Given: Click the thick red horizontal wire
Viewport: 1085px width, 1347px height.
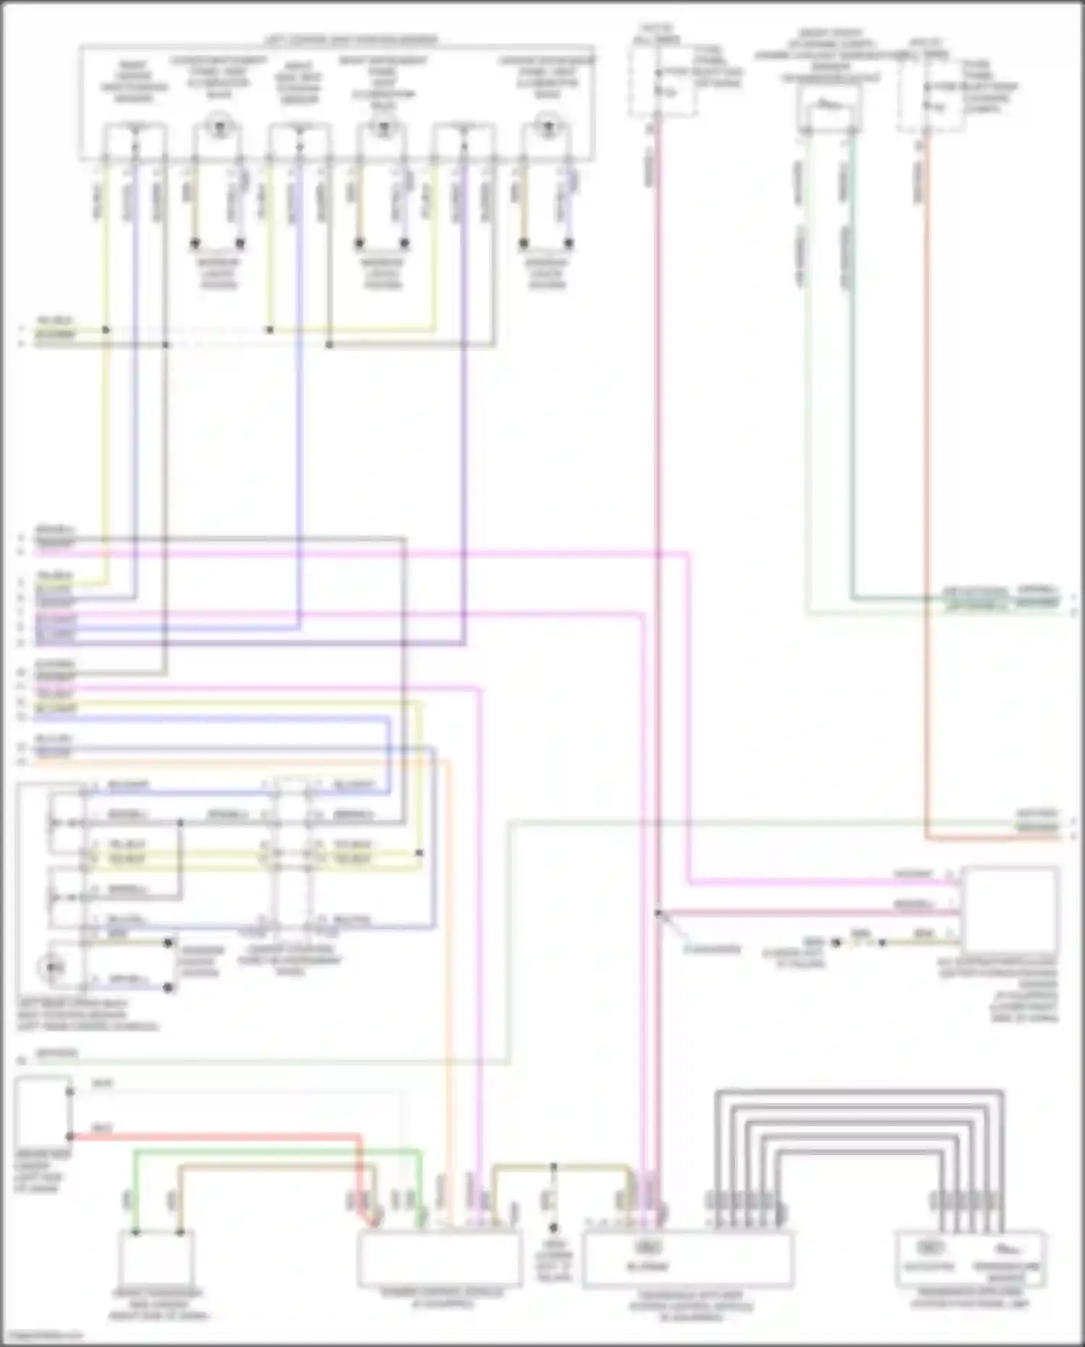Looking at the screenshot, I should pos(217,1137).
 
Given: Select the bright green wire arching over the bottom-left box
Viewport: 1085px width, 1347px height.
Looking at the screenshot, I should pos(275,1152).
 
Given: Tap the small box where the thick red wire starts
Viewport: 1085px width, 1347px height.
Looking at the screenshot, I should pos(43,1107).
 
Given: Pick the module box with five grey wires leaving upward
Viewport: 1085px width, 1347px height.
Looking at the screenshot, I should pos(687,1260).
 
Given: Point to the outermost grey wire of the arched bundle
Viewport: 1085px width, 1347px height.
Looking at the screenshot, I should pos(861,1091).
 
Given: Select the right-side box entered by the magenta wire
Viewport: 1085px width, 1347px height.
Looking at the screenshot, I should pos(1010,909).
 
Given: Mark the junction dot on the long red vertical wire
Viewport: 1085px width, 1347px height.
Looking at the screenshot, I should pos(658,913).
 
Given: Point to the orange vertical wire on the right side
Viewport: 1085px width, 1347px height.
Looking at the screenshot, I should pos(927,507).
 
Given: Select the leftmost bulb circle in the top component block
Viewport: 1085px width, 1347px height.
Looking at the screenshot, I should pos(216,127).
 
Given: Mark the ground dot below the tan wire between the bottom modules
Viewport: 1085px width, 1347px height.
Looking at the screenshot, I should pos(553,1228).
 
